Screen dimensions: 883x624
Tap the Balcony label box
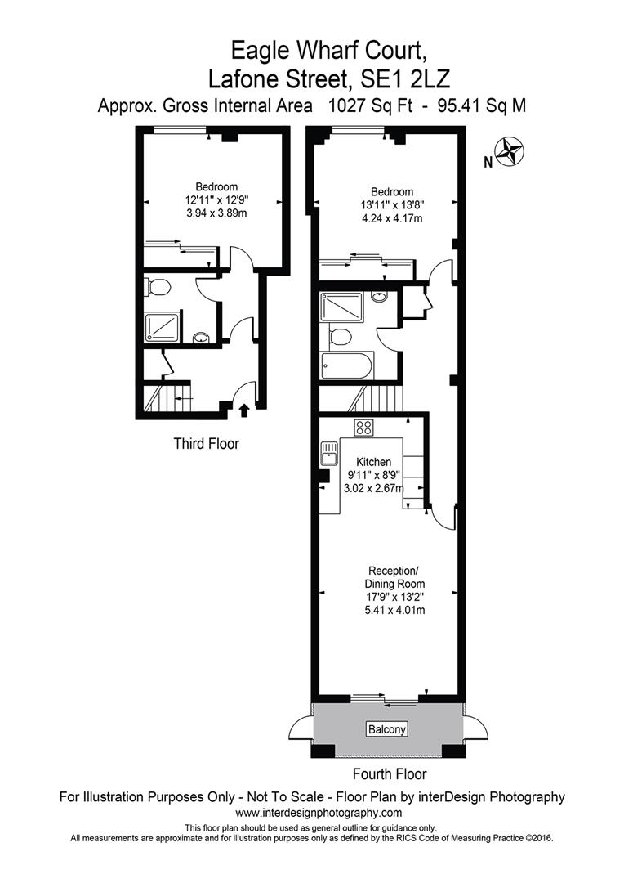pos(387,728)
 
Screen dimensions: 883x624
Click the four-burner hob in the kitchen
pos(363,426)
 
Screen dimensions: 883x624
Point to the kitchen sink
pos(329,448)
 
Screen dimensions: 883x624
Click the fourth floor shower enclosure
pos(341,307)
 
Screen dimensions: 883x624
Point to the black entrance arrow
pos(243,409)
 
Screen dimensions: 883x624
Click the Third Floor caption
pos(206,444)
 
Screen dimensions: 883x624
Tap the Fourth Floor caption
pos(389,773)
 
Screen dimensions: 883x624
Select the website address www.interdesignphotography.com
pos(319,813)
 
